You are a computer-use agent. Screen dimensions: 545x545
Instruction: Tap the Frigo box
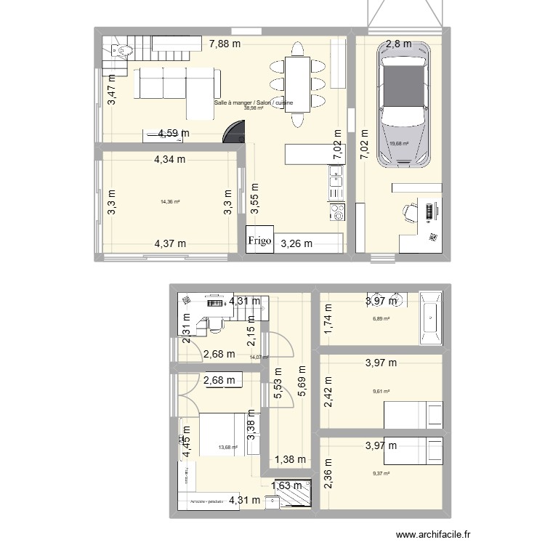[x=259, y=241]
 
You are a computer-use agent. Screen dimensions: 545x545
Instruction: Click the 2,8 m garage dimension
[x=398, y=44]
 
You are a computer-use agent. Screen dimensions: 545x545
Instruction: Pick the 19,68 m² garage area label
[x=399, y=144]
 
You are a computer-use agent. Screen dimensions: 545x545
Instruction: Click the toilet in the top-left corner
[x=120, y=50]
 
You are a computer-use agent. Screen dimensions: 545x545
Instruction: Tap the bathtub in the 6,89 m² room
[x=430, y=318]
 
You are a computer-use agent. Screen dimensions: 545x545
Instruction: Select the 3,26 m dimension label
[x=296, y=244]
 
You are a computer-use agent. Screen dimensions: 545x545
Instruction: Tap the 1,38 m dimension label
[x=291, y=460]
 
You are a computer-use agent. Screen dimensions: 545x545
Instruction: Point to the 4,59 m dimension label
[x=174, y=133]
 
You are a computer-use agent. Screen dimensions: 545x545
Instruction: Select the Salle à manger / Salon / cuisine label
[x=254, y=103]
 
